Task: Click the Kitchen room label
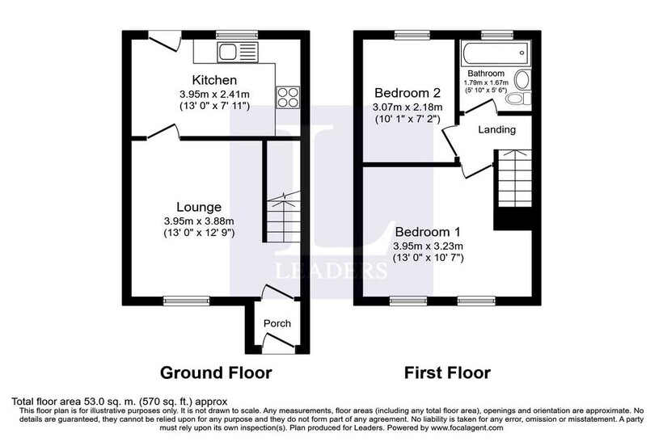214,80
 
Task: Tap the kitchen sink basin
227,53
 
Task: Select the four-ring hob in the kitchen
288,97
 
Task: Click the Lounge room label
199,207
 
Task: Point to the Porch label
277,323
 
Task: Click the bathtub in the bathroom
495,53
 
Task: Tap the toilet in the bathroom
518,99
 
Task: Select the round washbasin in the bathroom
522,79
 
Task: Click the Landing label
496,129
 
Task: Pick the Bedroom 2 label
408,92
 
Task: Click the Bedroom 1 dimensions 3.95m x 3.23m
428,246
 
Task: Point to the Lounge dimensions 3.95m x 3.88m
199,221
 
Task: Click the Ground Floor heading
216,373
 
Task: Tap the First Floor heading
447,373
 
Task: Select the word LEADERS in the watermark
331,271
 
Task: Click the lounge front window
187,301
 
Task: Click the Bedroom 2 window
412,35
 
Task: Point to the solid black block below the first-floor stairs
513,219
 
